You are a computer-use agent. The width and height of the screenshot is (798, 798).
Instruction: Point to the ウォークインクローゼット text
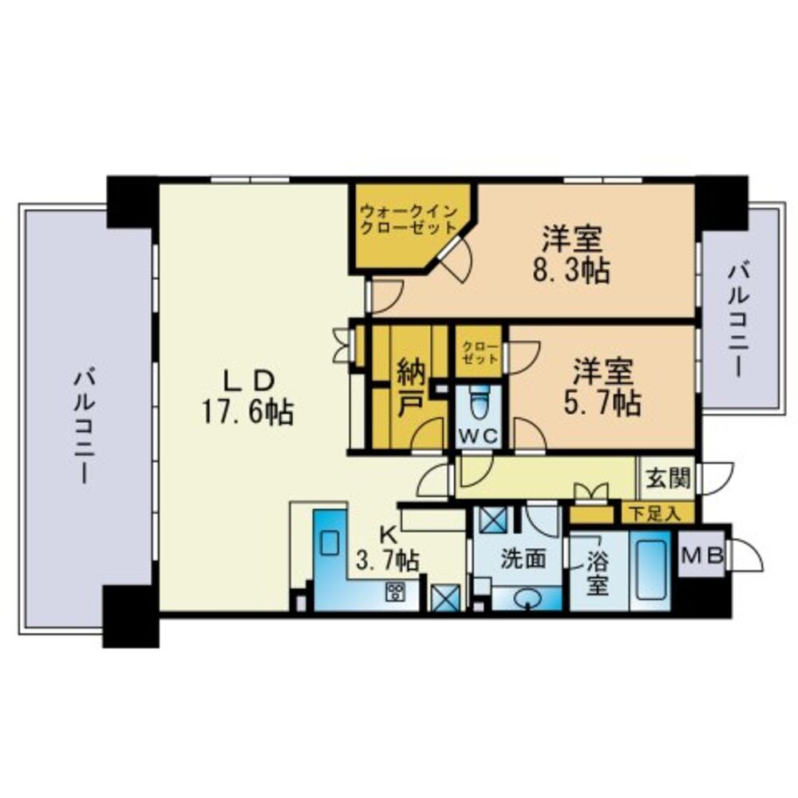[x=408, y=219]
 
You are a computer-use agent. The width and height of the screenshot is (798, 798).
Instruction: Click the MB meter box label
[x=701, y=554]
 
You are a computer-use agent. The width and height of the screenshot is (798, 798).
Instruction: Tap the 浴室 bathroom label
[x=598, y=572]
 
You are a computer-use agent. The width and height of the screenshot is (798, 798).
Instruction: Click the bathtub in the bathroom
[x=650, y=570]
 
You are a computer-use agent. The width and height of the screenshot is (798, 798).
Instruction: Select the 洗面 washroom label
[x=523, y=559]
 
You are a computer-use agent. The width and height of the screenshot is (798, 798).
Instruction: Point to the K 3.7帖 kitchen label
[x=387, y=549]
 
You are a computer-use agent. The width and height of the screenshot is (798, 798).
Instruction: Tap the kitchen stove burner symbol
[x=395, y=591]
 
